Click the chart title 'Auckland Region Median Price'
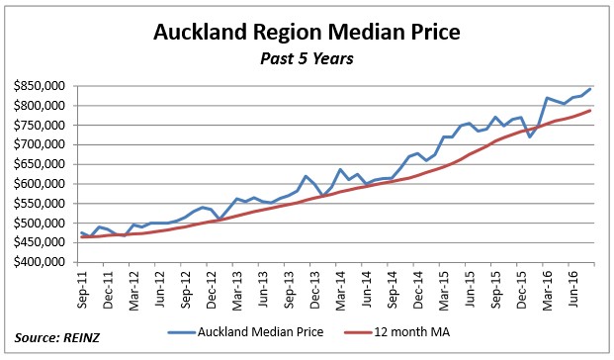(x=307, y=34)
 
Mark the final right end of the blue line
(x=591, y=89)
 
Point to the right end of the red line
(x=591, y=110)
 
